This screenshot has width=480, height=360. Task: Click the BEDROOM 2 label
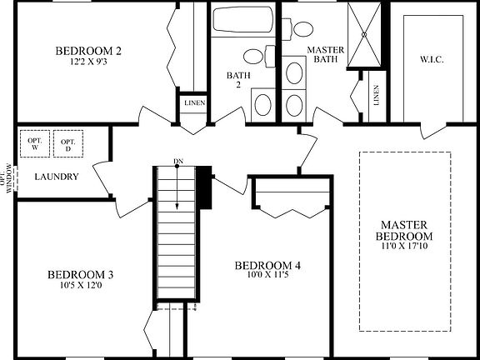point(91,51)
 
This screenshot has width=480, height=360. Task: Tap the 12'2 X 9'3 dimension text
point(91,62)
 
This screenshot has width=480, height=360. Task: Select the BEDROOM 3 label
point(80,274)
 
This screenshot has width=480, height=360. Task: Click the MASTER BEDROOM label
point(404,231)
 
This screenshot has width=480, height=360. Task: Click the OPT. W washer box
point(35,144)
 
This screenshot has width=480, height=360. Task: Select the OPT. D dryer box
point(68,144)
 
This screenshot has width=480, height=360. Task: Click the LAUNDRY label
point(56,177)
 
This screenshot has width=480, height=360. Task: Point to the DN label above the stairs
point(177,161)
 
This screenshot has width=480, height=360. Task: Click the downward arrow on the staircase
point(177,187)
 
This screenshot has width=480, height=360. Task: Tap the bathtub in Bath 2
point(242,20)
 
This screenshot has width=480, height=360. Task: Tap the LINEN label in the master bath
point(377,95)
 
